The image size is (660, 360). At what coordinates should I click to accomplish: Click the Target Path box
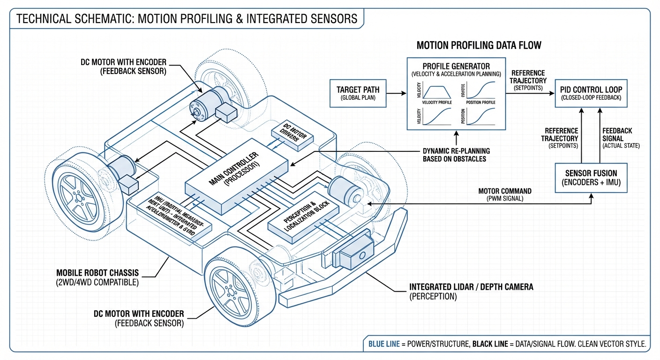click(x=358, y=93)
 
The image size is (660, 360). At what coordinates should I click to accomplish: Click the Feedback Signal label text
click(x=617, y=135)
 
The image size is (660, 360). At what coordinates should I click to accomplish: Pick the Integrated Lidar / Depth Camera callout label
click(x=471, y=290)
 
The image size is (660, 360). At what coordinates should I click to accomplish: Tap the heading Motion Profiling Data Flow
click(x=479, y=45)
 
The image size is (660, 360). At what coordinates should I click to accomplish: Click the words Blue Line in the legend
click(x=381, y=344)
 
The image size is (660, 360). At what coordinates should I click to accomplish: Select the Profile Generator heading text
click(x=456, y=66)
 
